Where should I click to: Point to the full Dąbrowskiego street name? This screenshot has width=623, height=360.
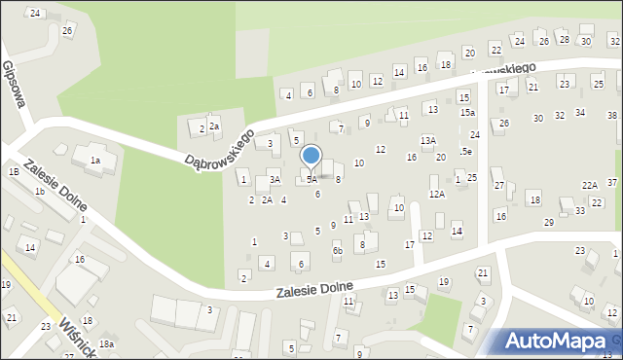tap(219, 145)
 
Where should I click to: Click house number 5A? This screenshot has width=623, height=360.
tap(311, 179)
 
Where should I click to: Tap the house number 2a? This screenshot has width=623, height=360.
tap(214, 127)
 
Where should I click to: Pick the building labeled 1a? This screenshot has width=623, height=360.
tap(94, 161)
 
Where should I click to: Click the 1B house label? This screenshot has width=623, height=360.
tap(14, 171)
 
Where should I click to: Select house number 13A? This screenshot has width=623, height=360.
tap(427, 141)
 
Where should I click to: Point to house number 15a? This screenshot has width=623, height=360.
tap(467, 113)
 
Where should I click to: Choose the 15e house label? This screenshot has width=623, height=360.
tap(466, 151)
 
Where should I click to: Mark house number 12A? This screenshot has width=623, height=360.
tap(437, 194)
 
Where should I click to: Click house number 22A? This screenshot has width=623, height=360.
tap(590, 185)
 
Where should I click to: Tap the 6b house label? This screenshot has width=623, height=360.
tap(337, 251)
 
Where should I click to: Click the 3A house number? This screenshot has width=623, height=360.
tap(275, 179)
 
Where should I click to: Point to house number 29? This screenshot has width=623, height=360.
tap(548, 223)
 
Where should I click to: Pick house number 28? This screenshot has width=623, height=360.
tap(564, 39)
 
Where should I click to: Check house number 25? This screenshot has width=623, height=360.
tap(471, 178)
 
